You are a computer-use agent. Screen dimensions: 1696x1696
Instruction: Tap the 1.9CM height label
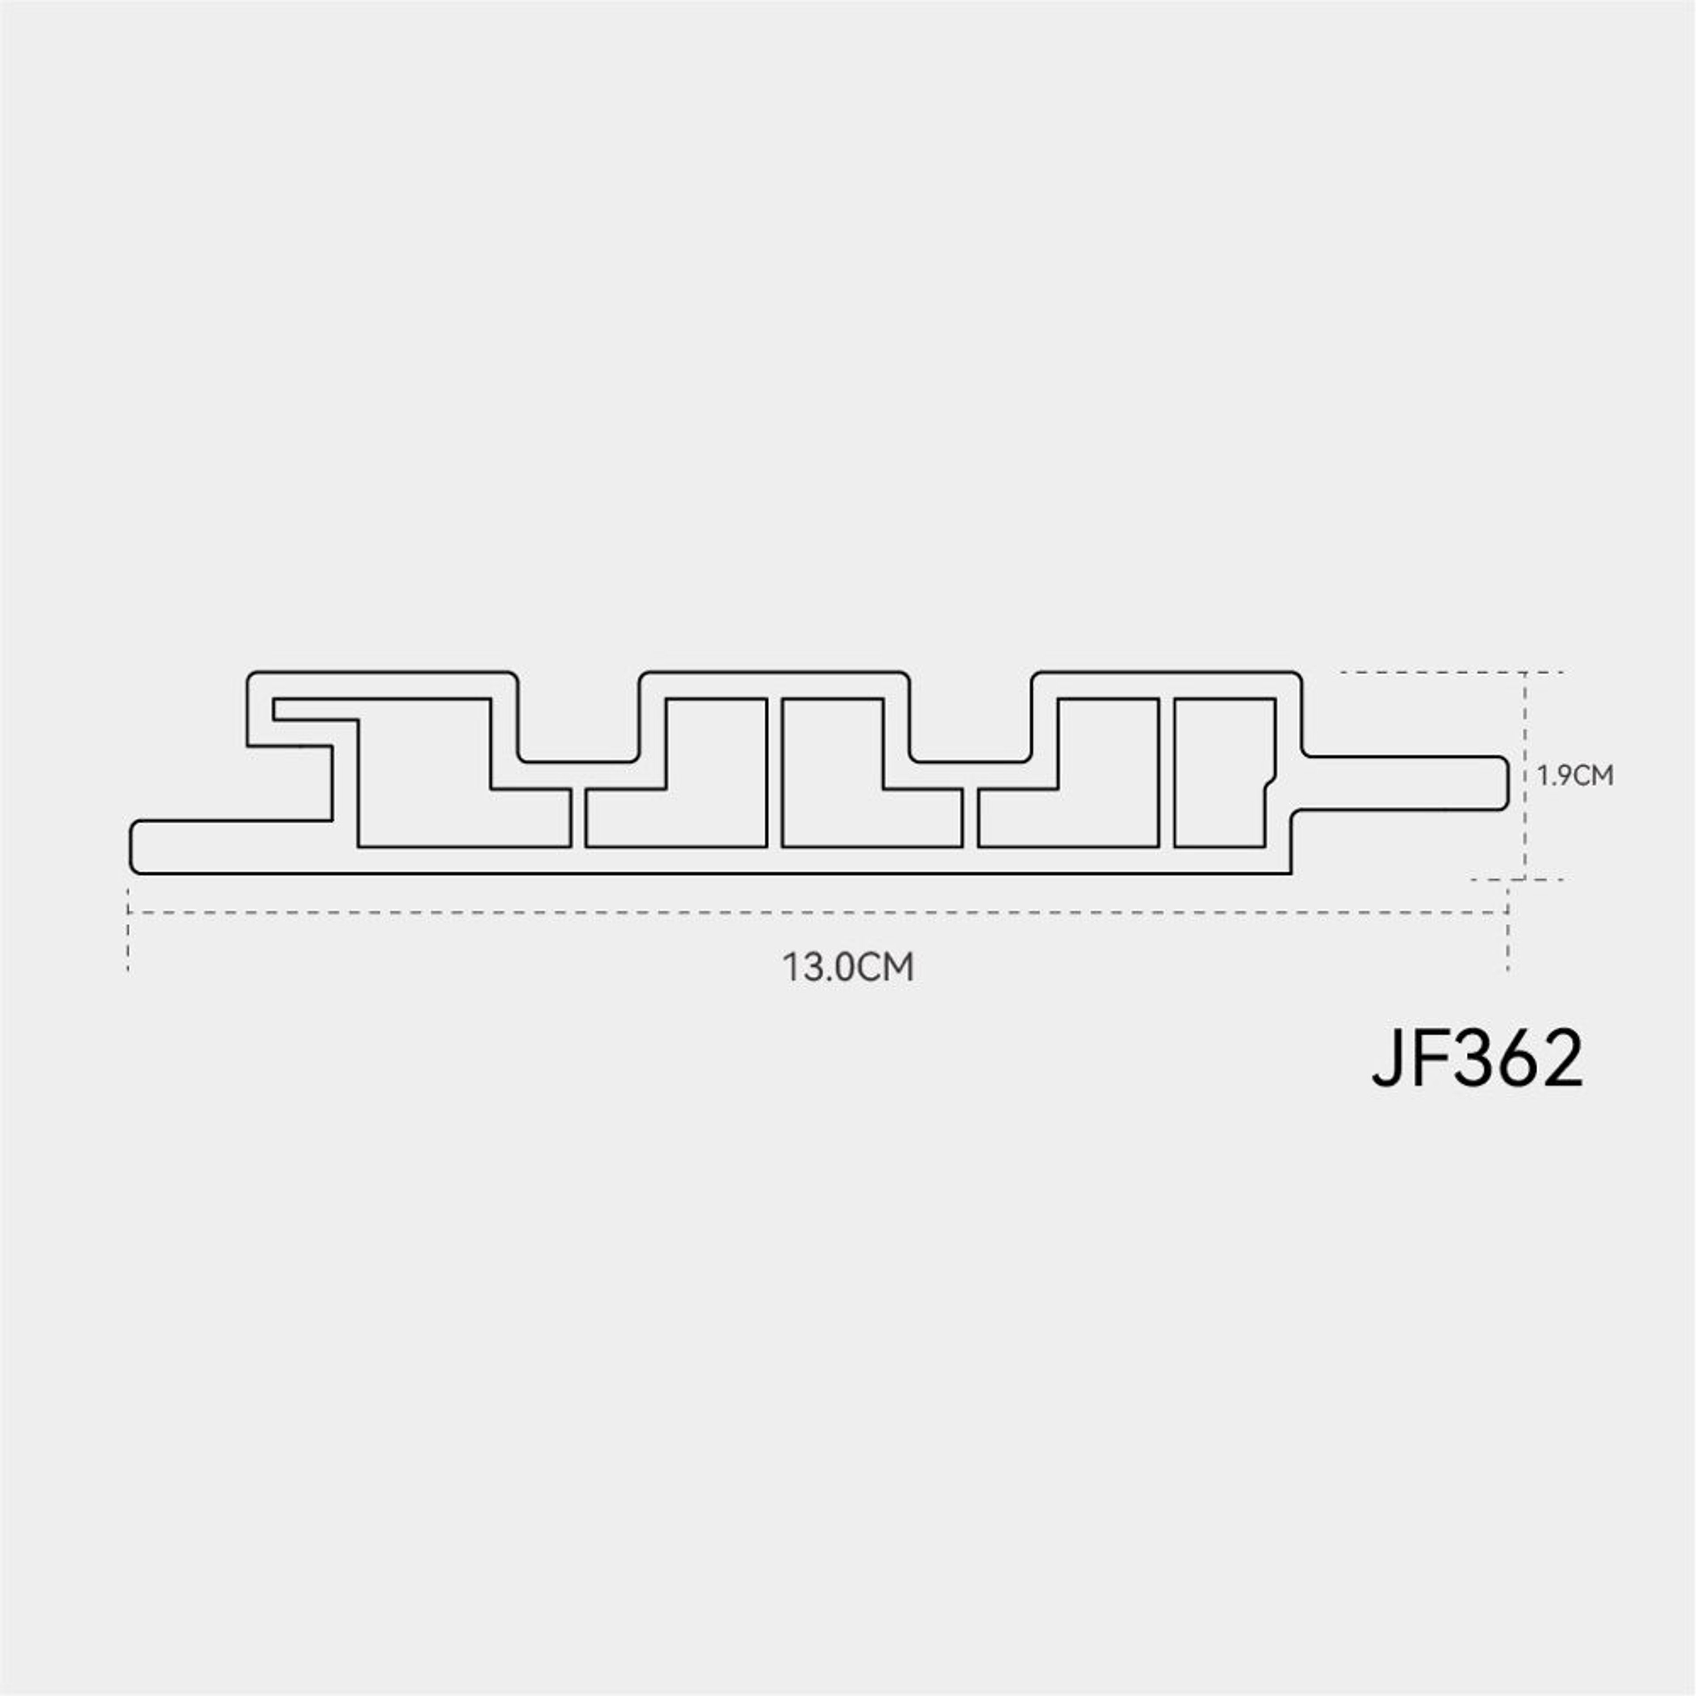[1575, 776]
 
